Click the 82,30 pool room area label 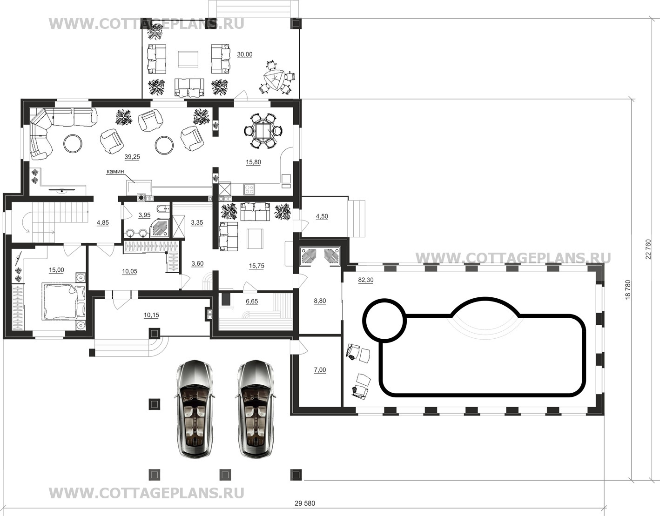tap(366, 280)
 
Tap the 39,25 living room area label tap(132, 157)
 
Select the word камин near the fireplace tap(115, 172)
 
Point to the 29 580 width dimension tap(305, 503)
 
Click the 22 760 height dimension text tap(648, 249)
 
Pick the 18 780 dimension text tap(628, 289)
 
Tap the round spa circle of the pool tap(385, 321)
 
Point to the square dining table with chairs tap(263, 131)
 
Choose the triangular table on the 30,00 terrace tap(274, 80)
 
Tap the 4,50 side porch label tap(322, 216)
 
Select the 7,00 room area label tap(320, 370)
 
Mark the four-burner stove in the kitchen tap(249, 189)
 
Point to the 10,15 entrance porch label tap(151, 315)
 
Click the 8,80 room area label tap(320, 301)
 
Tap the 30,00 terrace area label tap(244, 54)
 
